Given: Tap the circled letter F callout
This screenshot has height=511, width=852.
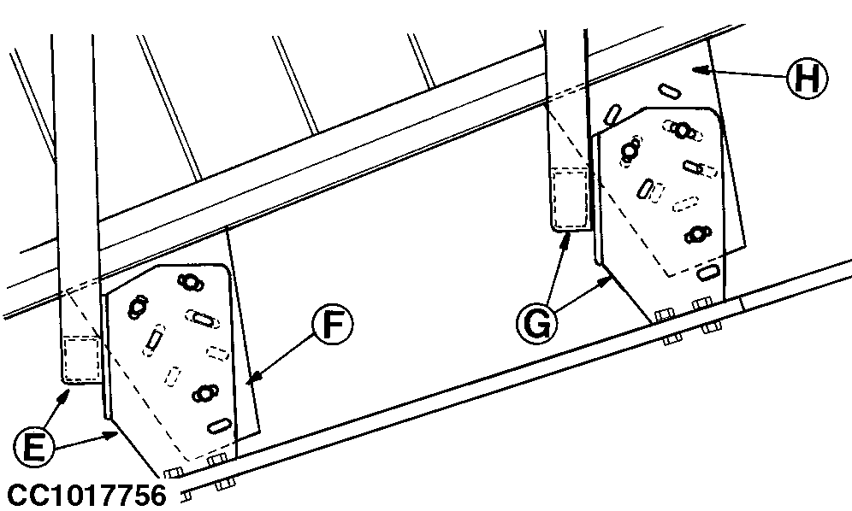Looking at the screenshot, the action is (332, 324).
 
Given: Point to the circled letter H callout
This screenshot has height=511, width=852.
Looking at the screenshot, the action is (808, 79).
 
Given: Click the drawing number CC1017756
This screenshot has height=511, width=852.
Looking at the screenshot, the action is (87, 496).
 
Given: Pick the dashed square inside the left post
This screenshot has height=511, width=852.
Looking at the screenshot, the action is (81, 358).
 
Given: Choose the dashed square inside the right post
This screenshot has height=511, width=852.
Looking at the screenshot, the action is (570, 197).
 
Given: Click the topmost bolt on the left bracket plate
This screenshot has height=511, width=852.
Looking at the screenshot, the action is (188, 282).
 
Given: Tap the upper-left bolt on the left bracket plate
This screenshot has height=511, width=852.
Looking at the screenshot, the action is (137, 307).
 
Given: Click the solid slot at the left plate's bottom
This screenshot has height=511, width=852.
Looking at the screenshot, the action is (220, 426).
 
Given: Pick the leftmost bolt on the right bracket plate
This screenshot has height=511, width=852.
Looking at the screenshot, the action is (630, 150).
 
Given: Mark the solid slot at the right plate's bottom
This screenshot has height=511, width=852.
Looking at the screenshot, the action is (707, 272).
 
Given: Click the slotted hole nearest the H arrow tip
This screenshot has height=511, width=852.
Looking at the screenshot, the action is (669, 91).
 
